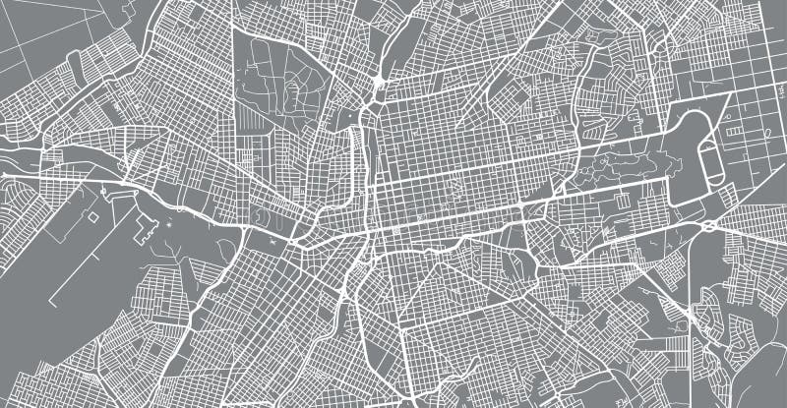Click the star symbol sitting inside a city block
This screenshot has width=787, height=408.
[449, 184]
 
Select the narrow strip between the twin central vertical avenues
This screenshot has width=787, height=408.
[367, 177]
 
